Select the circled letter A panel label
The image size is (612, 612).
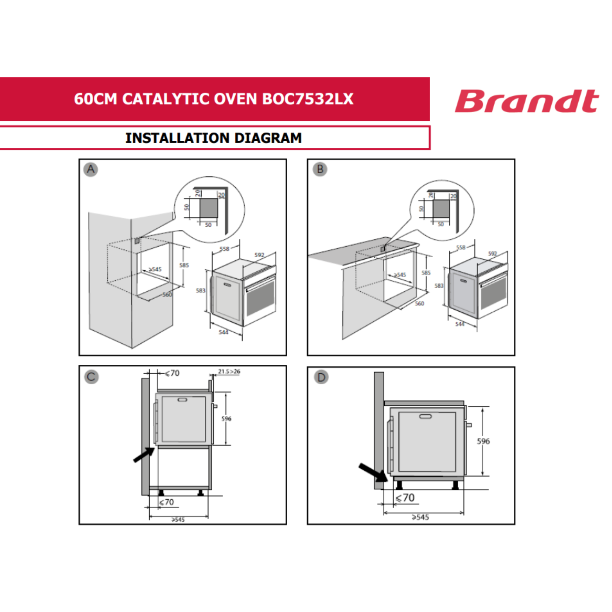[x=91, y=170]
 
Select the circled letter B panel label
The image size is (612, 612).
[x=320, y=170]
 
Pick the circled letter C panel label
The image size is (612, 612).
[x=91, y=377]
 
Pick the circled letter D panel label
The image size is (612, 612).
[x=321, y=377]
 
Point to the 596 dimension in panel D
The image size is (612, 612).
[x=483, y=441]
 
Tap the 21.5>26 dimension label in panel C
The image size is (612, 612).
[x=229, y=371]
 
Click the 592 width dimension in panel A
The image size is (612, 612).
[x=259, y=255]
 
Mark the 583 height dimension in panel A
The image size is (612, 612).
[x=200, y=290]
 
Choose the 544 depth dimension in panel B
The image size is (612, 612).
[x=460, y=324]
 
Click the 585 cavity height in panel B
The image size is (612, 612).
[x=426, y=272]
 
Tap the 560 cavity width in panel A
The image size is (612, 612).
[x=167, y=295]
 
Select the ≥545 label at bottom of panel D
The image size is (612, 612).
[x=420, y=517]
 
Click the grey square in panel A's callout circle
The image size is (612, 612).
[x=208, y=208]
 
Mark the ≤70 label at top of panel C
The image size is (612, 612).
[x=173, y=373]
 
